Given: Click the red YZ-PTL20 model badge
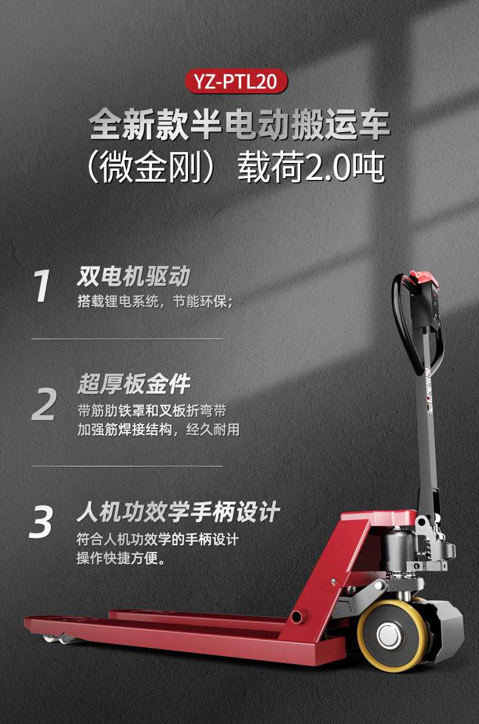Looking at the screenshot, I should click(239, 82).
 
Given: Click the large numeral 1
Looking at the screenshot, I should click(42, 287).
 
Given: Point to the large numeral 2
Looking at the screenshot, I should click(44, 404).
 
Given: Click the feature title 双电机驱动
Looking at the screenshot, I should click(133, 276).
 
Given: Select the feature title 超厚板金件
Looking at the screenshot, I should click(133, 384).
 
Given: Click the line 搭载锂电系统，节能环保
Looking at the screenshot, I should click(155, 301).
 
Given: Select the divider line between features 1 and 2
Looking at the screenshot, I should click(127, 339).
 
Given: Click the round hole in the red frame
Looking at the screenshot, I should click(296, 617).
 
